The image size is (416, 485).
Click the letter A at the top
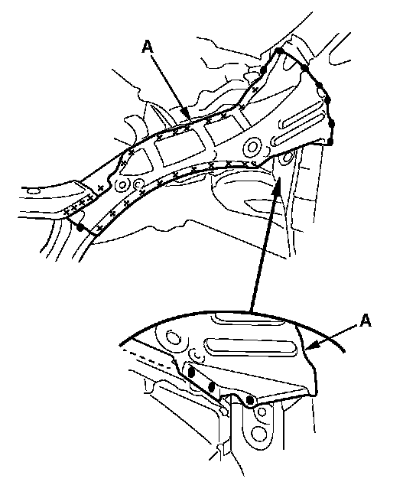[148, 47]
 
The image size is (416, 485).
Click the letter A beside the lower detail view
[366, 321]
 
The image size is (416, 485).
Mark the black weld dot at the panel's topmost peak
[278, 50]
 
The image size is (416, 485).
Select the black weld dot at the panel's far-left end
[80, 228]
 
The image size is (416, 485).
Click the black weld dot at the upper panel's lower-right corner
[330, 142]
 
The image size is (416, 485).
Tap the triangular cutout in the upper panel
[137, 161]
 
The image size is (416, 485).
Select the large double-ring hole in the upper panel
[252, 147]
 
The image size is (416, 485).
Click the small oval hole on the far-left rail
[34, 190]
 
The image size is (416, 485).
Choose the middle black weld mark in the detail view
[212, 386]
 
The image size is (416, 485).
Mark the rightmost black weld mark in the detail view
[249, 401]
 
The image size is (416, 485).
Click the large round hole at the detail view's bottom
[259, 433]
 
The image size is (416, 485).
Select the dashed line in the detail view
[146, 359]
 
